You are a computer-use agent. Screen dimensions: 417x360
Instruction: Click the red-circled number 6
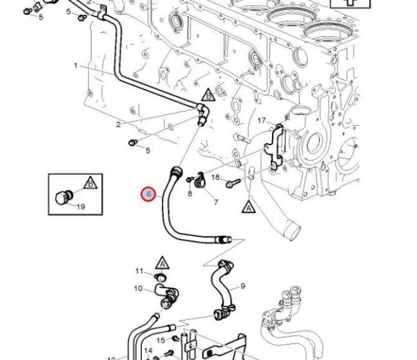click(x=149, y=194)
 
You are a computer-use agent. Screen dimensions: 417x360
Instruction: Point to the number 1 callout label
click(x=75, y=65)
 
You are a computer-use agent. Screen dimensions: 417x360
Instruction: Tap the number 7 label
click(x=216, y=202)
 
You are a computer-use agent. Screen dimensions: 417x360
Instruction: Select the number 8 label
click(x=190, y=194)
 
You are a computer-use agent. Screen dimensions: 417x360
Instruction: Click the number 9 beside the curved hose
click(x=243, y=287)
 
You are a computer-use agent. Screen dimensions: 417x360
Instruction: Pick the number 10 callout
click(x=138, y=288)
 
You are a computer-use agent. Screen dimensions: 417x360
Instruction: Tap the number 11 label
click(x=139, y=271)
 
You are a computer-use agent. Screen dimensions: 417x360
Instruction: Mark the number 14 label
click(x=148, y=351)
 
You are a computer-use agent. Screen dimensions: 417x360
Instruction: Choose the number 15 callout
click(x=161, y=340)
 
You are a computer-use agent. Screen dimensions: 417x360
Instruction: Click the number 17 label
click(x=261, y=121)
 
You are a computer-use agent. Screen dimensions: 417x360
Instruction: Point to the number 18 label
click(x=215, y=178)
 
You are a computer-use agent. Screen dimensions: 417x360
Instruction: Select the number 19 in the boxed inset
click(x=81, y=207)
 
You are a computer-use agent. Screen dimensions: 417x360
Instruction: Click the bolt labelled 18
click(x=233, y=182)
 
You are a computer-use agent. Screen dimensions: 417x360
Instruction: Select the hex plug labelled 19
click(x=63, y=197)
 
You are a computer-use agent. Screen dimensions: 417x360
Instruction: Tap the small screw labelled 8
click(x=189, y=179)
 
